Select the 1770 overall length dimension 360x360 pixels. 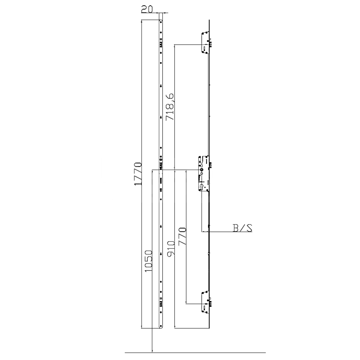tap(138, 174)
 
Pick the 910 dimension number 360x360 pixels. tap(171, 249)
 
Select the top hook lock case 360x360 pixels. tap(204, 43)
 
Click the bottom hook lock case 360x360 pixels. tap(204, 301)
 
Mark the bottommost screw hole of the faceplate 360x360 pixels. tap(161, 326)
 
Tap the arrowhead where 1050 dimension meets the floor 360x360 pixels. tap(153, 350)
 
